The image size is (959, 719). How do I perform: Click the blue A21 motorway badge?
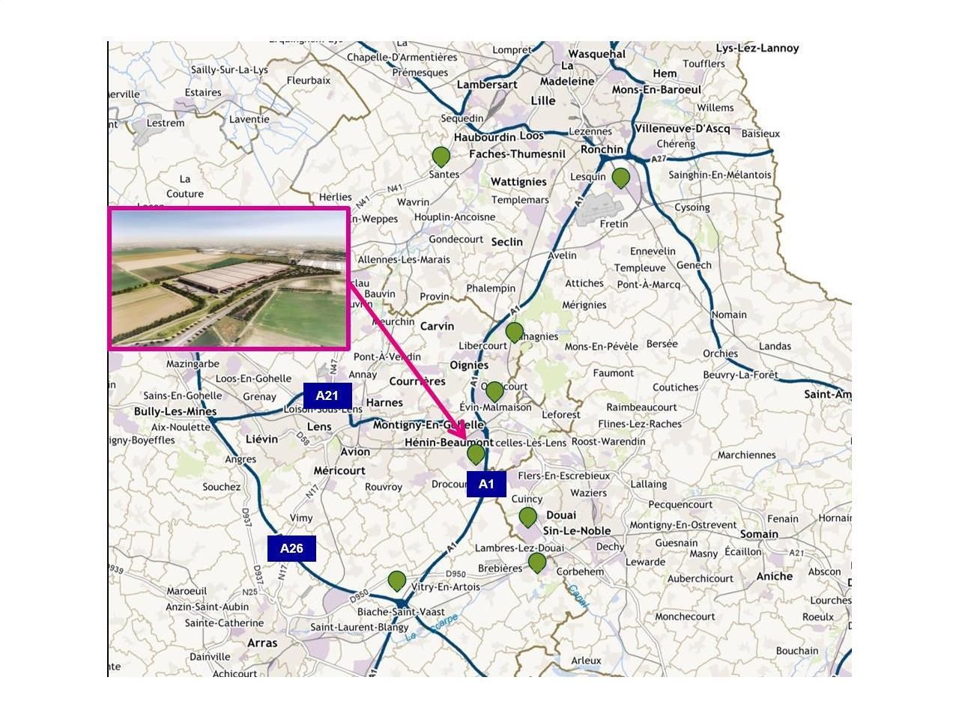(327, 395)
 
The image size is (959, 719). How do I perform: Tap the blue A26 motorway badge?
(291, 548)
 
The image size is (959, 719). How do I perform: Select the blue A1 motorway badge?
(486, 484)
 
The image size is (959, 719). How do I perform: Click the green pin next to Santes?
(441, 157)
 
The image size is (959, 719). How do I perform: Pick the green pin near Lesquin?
(620, 178)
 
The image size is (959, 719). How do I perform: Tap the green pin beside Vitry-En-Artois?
(397, 580)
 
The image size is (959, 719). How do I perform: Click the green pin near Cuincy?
(527, 517)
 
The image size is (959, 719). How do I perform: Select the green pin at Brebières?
(536, 562)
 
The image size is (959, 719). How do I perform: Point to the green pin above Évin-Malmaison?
(494, 391)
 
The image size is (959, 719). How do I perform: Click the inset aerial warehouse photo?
(229, 279)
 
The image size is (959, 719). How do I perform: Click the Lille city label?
(542, 100)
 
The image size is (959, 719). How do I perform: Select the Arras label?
(261, 643)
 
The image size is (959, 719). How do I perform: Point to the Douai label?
(561, 515)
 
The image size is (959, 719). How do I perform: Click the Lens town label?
(319, 426)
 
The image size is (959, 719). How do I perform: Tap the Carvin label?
(437, 327)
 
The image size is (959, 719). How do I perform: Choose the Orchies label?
(720, 354)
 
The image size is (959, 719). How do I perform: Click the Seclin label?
(506, 242)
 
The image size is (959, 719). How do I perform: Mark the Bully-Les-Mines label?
(175, 411)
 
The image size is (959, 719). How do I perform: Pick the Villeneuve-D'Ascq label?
(682, 128)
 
